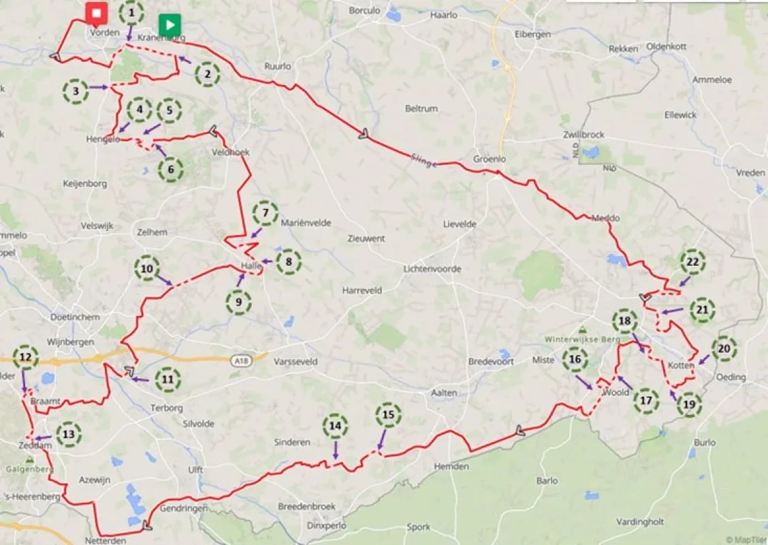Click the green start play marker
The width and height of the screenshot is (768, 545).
[169, 26]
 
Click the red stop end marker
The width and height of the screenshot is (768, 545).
[96, 14]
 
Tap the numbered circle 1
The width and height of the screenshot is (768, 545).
[131, 12]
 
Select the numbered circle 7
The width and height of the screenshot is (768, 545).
[265, 214]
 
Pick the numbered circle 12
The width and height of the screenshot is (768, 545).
[25, 356]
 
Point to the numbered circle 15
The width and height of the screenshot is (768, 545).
[388, 414]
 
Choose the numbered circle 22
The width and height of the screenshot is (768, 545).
[692, 262]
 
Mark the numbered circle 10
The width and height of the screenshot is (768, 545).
[146, 268]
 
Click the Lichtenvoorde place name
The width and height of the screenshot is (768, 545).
[432, 269]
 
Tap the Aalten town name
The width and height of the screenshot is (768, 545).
[444, 392]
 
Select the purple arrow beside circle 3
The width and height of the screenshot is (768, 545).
[99, 88]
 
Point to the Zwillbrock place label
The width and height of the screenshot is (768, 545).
[583, 135]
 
